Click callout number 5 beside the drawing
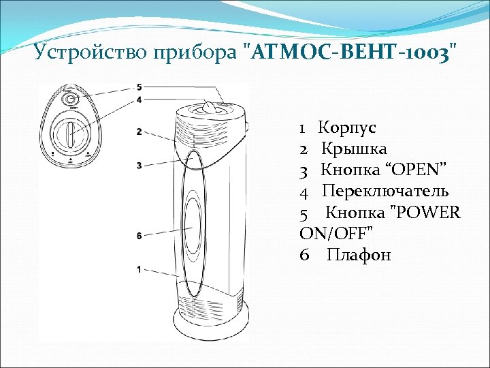(x=139, y=87)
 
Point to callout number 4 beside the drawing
(x=139, y=99)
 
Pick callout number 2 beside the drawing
(x=139, y=132)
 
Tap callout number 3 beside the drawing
(x=139, y=165)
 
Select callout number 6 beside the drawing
(x=139, y=236)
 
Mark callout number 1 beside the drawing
(x=139, y=270)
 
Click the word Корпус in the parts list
(x=348, y=127)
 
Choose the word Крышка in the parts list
(x=354, y=149)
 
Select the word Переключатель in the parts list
(x=385, y=191)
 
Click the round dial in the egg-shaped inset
(x=70, y=134)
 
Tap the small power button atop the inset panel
(x=69, y=100)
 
